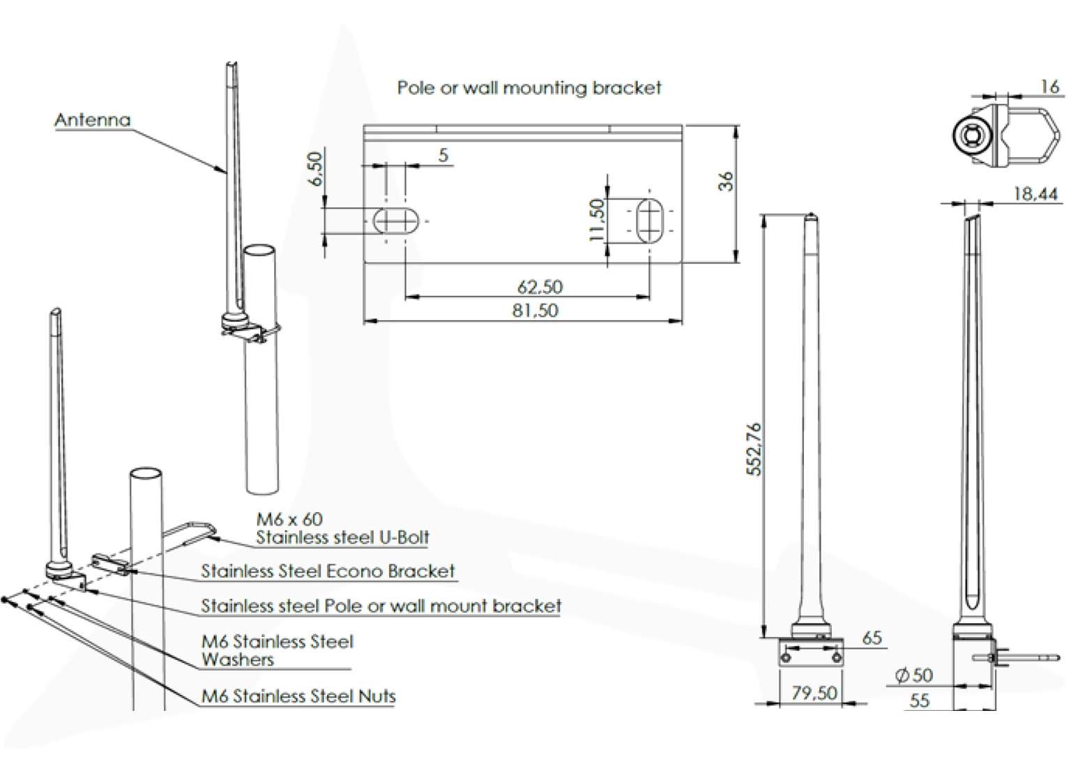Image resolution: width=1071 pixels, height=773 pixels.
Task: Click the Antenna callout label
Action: coord(93,120)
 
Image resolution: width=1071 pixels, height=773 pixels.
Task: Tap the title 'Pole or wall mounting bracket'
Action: coord(529,88)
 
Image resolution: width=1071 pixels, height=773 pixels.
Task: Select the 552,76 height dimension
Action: coord(754,449)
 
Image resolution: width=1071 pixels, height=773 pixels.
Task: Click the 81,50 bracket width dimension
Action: coord(535,310)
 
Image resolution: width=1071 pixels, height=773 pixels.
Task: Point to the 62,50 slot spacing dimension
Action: coord(540,287)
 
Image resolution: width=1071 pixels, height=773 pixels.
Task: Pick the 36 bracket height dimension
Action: coord(726,181)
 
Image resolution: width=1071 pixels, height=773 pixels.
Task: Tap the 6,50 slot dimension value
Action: coord(315,169)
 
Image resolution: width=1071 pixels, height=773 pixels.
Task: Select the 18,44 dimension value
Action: coord(1035,194)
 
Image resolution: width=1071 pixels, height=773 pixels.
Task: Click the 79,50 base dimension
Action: coord(814,693)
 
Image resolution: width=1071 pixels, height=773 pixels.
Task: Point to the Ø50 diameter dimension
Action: coord(913,675)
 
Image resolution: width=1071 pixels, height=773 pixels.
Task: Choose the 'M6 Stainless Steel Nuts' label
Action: coord(298,696)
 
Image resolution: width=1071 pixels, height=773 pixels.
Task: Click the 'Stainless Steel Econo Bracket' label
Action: coord(328,571)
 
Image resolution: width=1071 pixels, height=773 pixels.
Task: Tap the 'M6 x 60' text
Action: coord(289,519)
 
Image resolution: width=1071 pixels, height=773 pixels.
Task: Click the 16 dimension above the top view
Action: coord(1050,87)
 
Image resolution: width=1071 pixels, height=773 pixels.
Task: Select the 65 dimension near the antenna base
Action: coord(872,638)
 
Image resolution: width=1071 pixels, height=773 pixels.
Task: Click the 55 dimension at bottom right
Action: coord(920,700)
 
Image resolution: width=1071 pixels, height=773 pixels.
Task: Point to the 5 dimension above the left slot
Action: coord(443,155)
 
